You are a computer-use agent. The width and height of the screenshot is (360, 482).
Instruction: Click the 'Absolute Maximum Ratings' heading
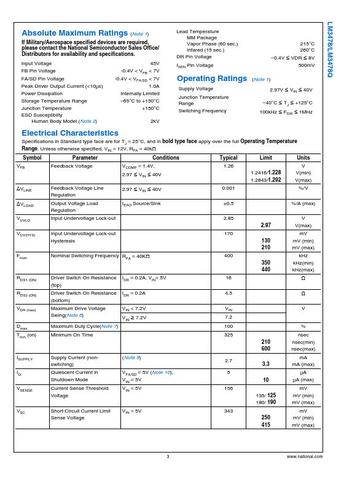75,33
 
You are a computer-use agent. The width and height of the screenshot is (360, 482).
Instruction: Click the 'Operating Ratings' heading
212,79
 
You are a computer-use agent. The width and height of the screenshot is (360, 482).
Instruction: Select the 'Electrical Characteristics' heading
70,133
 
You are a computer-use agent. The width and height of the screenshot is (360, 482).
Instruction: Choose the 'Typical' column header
229,158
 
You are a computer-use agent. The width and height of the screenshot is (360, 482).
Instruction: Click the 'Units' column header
303,158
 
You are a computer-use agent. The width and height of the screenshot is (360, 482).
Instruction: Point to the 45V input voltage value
155,63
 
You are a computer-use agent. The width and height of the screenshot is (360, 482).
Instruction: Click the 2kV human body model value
155,121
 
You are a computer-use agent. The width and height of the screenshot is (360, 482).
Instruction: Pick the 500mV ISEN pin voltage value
306,65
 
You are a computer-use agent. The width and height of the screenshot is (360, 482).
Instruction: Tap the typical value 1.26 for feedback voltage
229,166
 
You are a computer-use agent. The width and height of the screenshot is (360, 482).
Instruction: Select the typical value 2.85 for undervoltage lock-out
229,218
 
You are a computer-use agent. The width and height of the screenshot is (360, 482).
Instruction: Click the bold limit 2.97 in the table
266,225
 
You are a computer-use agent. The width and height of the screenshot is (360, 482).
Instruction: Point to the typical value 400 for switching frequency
229,255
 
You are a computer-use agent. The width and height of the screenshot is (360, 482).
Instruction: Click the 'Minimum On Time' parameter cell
72,335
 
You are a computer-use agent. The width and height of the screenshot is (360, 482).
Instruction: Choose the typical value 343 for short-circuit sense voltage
229,411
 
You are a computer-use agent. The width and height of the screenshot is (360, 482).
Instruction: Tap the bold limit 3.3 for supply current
266,364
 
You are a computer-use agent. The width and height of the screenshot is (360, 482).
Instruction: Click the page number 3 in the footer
168,457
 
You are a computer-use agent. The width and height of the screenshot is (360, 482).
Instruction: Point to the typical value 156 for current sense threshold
229,388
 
